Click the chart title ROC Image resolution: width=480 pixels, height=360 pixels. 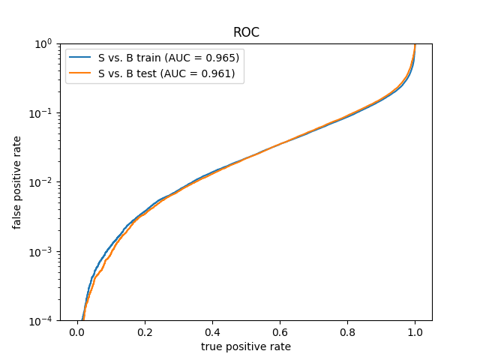pos(246,32)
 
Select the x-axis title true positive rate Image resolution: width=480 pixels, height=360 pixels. pos(246,346)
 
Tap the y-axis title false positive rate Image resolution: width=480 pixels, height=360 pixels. pos(16,183)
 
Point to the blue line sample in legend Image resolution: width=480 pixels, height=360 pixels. pos(79,57)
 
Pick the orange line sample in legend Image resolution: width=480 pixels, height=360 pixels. pos(79,73)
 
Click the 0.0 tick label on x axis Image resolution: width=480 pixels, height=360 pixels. pos(77,332)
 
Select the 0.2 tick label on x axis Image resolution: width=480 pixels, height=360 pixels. pos(145,332)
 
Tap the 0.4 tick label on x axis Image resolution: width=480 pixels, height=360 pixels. pos(212,332)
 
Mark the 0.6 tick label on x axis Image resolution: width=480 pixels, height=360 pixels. pos(280,332)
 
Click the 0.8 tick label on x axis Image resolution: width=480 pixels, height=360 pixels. pos(347,332)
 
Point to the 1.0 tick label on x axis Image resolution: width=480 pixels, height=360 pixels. pos(415,332)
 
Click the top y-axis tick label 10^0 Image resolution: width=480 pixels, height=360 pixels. pos(43,44)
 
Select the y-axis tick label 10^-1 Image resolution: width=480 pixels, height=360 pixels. pos(40,113)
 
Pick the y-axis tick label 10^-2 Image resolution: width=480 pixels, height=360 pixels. pos(40,183)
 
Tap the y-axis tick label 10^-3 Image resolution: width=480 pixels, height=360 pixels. pos(40,252)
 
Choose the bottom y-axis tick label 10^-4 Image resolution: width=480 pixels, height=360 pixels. pos(40,321)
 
